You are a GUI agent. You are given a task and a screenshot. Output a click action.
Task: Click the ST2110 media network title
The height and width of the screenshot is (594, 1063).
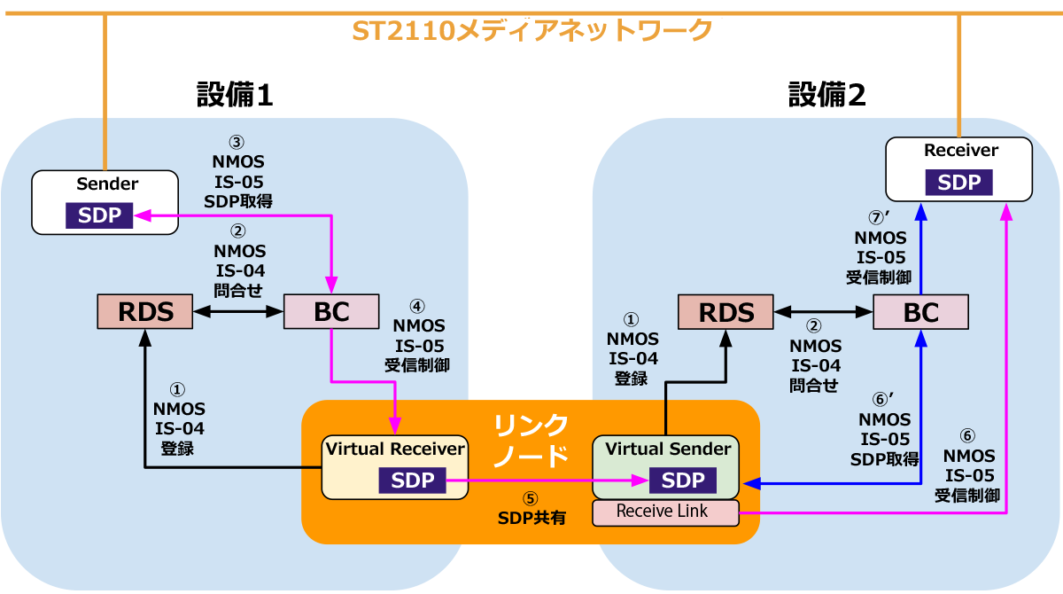pos(532,31)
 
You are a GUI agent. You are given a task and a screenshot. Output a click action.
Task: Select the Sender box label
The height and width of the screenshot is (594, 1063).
pos(107,184)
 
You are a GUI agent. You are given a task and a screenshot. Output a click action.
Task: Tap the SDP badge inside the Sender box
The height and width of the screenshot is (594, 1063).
pos(99,216)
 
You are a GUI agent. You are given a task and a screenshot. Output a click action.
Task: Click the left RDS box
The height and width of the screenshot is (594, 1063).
pos(145,311)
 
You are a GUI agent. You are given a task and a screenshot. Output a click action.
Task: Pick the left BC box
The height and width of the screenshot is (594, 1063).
pos(331,311)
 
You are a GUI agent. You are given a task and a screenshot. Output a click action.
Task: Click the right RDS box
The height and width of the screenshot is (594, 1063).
pos(726,312)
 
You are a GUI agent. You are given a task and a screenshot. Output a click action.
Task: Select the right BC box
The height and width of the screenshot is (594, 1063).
pos(920,312)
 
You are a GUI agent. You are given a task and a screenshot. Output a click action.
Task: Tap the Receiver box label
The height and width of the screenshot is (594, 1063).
pos(960,151)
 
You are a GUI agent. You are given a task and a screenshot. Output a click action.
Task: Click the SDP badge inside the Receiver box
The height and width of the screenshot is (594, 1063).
pos(959,183)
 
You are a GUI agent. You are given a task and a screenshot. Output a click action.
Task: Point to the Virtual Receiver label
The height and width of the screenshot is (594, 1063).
pos(394,449)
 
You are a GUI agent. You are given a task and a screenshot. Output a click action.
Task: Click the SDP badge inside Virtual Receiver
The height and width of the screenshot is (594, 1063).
pos(412,481)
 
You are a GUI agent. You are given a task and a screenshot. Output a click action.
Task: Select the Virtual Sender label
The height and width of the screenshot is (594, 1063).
pos(668,449)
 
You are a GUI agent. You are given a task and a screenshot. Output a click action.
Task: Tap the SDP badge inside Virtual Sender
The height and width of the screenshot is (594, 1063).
pos(683,481)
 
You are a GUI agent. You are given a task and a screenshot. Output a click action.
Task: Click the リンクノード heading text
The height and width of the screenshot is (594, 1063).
pos(531,441)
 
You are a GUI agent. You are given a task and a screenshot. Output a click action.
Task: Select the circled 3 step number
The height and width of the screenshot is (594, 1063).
pos(237,142)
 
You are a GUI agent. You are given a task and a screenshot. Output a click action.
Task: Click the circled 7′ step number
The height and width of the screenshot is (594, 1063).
pos(880,218)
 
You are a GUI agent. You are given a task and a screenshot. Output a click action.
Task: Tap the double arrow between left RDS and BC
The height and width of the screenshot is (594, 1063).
pos(237,312)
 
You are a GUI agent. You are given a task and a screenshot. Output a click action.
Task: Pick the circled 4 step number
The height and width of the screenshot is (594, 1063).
pos(417,306)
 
